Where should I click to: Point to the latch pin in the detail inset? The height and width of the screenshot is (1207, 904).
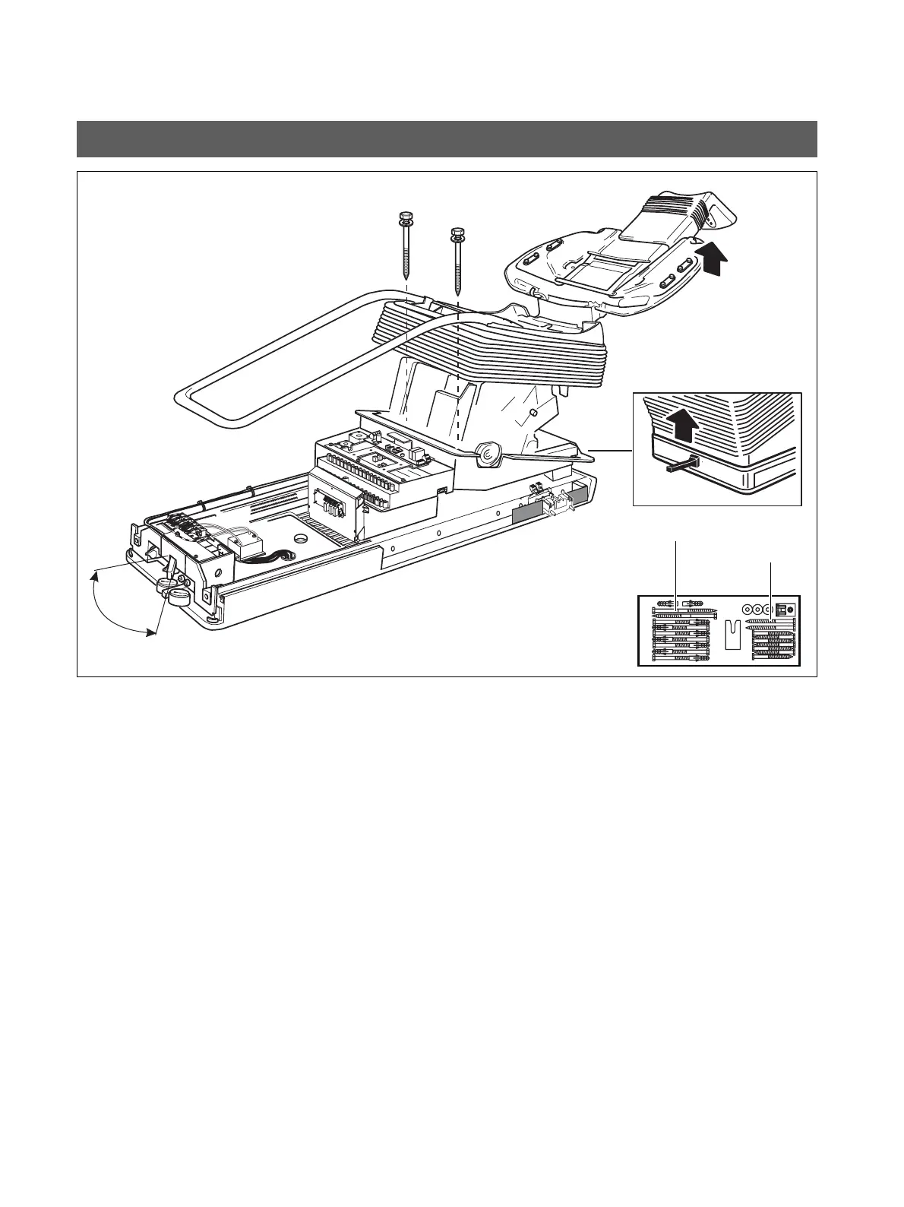(x=681, y=465)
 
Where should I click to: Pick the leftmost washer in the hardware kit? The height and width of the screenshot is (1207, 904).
(x=748, y=610)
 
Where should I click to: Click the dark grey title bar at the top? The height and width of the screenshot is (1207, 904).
(x=447, y=138)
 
